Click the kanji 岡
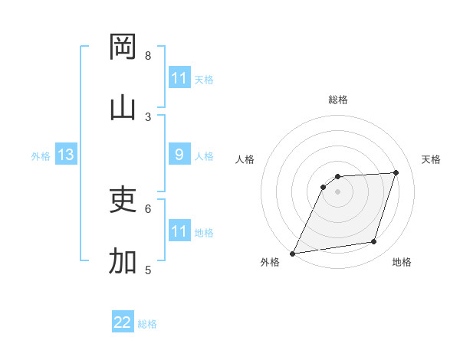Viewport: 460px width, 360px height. click(123, 47)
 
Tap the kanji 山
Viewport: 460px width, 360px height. click(123, 108)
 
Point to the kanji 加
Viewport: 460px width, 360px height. click(123, 261)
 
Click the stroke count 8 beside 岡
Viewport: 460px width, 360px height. click(148, 56)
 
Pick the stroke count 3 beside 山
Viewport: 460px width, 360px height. click(148, 116)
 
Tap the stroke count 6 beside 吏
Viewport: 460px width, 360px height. click(148, 208)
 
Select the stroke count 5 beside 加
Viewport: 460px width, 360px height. click(148, 270)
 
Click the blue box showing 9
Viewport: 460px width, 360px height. click(179, 155)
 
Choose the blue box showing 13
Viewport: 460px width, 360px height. click(66, 155)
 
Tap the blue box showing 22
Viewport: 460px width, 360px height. click(123, 322)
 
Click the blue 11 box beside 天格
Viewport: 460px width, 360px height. click(179, 78)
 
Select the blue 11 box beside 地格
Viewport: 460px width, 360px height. click(179, 231)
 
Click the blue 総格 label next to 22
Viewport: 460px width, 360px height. click(147, 324)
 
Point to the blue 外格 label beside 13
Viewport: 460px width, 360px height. click(41, 156)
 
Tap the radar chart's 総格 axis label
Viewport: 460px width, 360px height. click(338, 100)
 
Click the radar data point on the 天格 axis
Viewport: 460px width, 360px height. click(396, 172)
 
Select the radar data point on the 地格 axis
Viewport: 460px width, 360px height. click(374, 242)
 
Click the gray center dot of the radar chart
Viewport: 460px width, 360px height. click(338, 191)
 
